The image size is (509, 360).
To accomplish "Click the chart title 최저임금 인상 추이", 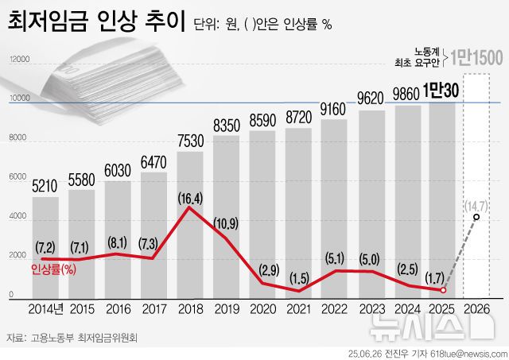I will [94, 21].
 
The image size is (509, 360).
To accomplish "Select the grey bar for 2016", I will [117, 238].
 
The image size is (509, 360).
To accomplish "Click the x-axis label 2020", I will [262, 308].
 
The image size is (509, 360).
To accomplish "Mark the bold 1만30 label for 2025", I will [442, 91].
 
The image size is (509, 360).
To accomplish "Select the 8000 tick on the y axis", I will [17, 138].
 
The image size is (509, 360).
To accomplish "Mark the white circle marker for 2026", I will [476, 217].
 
